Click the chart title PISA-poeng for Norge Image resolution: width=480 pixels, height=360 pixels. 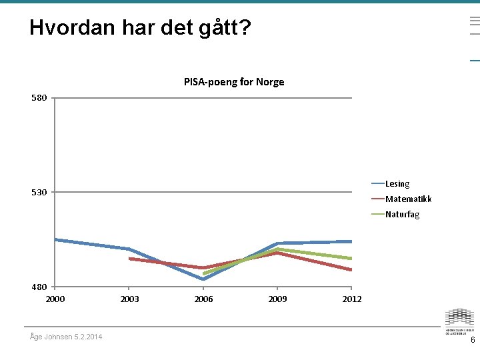click(x=234, y=82)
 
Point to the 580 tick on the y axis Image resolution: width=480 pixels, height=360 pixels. click(x=39, y=98)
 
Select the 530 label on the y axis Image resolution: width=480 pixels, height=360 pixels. click(x=39, y=193)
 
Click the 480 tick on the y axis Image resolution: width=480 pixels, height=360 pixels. click(x=39, y=287)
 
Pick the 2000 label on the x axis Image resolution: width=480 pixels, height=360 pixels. click(x=55, y=299)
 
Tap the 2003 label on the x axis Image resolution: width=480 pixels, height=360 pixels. click(x=129, y=299)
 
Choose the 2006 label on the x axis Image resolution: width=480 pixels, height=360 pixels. click(x=203, y=299)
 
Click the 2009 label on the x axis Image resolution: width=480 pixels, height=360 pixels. click(x=277, y=299)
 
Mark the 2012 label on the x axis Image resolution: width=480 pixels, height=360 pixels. click(x=352, y=299)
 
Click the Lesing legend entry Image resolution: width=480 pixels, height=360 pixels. click(x=397, y=184)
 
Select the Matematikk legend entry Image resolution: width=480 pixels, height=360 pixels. click(x=408, y=199)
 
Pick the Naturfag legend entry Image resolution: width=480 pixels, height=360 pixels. click(x=402, y=215)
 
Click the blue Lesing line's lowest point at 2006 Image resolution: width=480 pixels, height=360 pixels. click(x=203, y=279)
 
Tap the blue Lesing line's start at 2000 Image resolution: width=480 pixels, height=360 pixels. click(x=56, y=239)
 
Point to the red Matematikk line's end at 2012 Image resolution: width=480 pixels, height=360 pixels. click(x=351, y=269)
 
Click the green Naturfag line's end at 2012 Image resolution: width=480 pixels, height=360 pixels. click(x=351, y=258)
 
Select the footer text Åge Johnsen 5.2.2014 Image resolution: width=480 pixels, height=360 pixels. click(x=66, y=337)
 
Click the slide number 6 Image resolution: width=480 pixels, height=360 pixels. click(x=473, y=340)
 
